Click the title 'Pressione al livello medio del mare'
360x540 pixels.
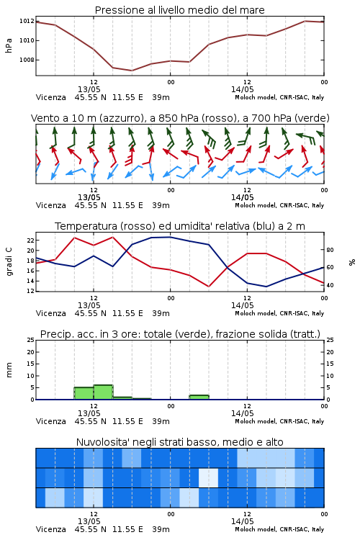(179, 10)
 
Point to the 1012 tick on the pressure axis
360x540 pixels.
(27, 22)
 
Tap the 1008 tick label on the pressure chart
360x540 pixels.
(27, 60)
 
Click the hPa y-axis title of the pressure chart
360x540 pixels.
(9, 45)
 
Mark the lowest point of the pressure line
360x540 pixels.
(132, 71)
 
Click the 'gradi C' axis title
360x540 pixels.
(9, 262)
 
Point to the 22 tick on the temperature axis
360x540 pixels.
(30, 240)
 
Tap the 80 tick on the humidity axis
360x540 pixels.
(330, 250)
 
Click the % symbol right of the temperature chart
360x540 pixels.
(352, 262)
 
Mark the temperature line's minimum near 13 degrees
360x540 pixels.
(208, 287)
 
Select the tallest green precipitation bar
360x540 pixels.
(103, 392)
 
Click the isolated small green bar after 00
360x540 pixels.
(199, 397)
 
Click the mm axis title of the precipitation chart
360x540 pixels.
(9, 370)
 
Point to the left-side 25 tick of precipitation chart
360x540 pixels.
(30, 341)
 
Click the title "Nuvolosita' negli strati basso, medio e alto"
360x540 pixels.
(179, 442)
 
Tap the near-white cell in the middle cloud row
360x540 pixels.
(208, 478)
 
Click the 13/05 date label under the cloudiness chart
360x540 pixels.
(89, 521)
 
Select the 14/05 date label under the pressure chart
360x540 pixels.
(242, 89)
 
